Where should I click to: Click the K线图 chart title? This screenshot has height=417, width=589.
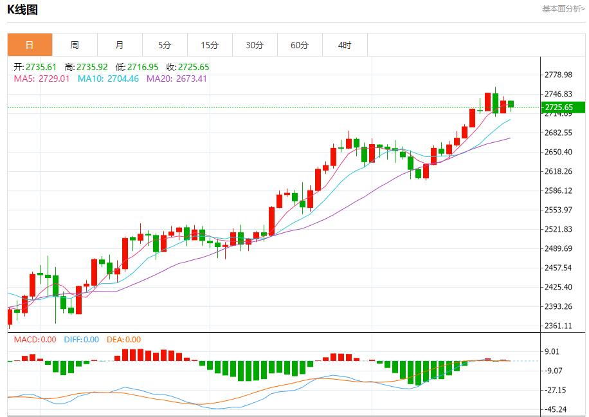[x=23, y=10]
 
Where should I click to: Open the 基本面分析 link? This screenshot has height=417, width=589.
[x=563, y=9]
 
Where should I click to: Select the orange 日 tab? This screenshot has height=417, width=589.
[x=30, y=45]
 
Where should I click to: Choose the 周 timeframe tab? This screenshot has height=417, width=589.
[x=75, y=45]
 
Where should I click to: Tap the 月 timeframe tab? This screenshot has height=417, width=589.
[x=120, y=45]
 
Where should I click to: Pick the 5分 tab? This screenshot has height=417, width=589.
[x=165, y=45]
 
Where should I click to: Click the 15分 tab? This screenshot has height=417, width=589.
[x=210, y=45]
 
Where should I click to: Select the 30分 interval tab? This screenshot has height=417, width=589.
[x=255, y=45]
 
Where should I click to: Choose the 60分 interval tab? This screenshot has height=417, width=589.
[x=300, y=45]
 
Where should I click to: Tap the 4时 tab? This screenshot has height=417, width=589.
[x=345, y=45]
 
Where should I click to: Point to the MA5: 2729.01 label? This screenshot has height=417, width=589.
[x=42, y=79]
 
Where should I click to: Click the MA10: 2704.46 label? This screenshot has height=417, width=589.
[x=108, y=79]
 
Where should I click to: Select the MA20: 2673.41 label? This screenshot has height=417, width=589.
[x=177, y=79]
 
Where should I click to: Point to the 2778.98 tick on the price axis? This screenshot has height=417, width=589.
[x=558, y=75]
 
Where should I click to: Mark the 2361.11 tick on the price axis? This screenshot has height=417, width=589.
[x=558, y=326]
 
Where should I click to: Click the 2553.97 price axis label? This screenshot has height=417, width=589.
[x=558, y=210]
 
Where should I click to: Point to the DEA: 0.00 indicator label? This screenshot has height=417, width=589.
[x=123, y=340]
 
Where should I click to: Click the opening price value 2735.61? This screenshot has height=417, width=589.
[x=41, y=67]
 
